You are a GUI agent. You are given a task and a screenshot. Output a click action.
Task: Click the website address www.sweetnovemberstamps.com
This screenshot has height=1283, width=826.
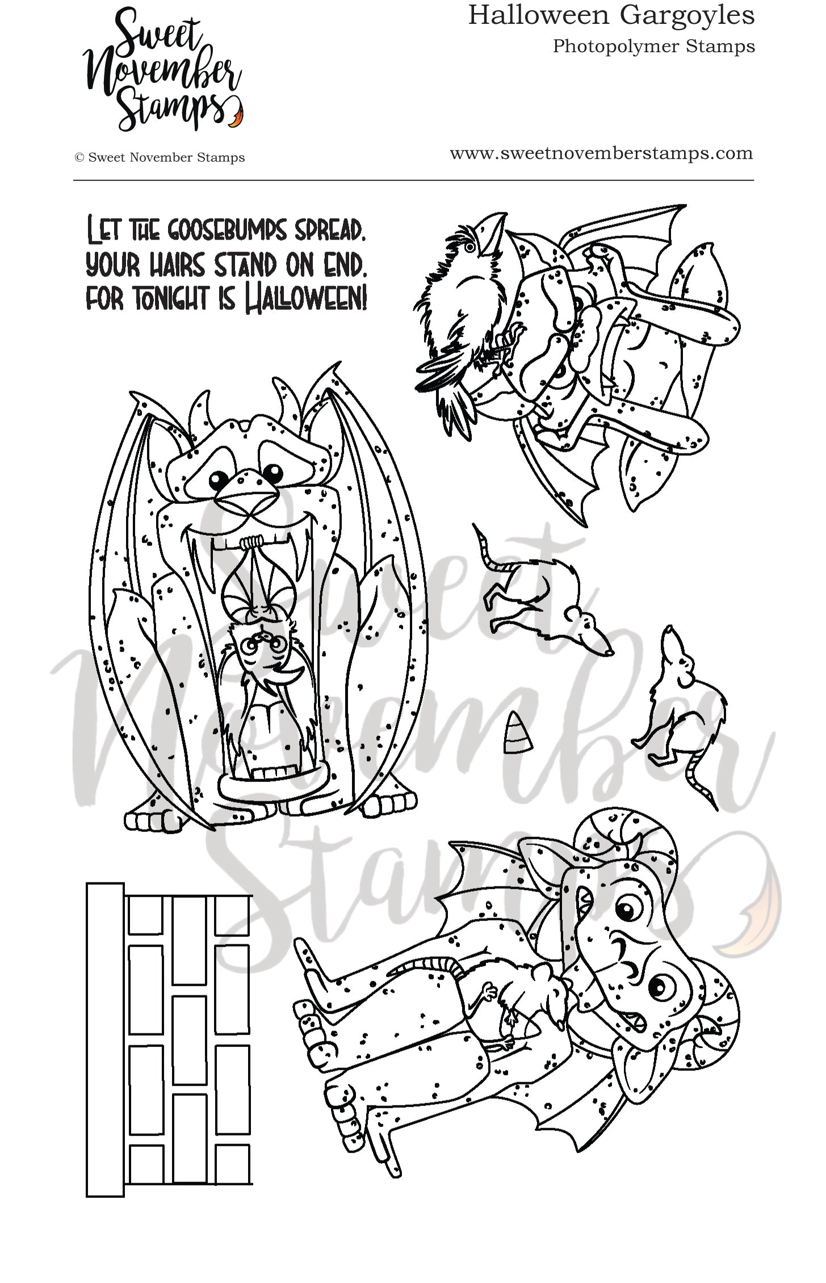pos(601,153)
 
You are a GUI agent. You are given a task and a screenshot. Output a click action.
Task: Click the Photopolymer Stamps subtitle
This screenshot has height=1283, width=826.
pos(653,46)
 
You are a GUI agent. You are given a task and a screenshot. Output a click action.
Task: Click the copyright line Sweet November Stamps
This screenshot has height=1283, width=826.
pos(160,158)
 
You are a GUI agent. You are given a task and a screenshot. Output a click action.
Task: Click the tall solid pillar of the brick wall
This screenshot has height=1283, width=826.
pos(105,1038)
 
